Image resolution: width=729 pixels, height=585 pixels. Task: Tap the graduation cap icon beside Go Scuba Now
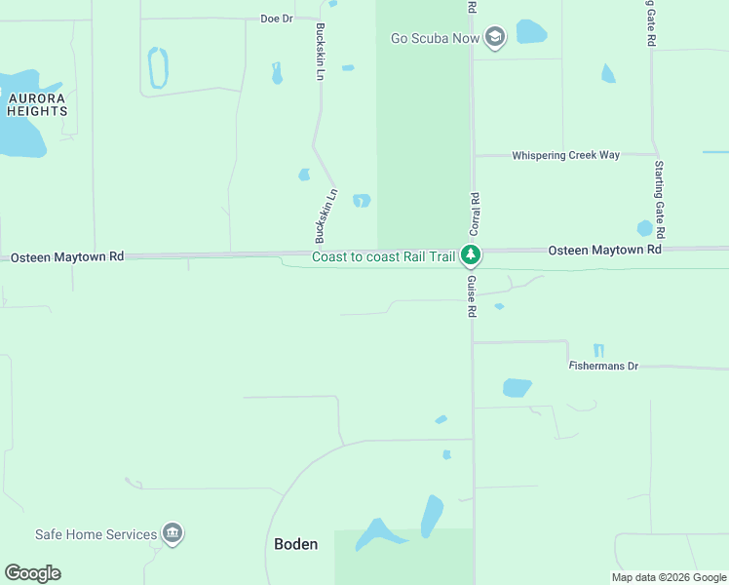(x=495, y=38)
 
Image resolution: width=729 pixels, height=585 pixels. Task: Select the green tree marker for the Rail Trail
(x=472, y=256)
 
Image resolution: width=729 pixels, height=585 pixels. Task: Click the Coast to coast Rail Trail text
(x=383, y=257)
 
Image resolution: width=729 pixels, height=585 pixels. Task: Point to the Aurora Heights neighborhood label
(x=37, y=105)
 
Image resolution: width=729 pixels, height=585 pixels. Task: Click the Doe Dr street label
(x=277, y=19)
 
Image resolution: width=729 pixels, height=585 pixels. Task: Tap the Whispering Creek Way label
(x=565, y=155)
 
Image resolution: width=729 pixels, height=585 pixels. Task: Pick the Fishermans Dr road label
(x=603, y=366)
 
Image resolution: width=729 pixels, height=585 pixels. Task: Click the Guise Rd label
(x=471, y=296)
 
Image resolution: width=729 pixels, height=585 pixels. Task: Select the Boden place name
(x=296, y=544)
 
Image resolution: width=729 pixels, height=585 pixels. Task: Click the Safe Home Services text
(x=96, y=534)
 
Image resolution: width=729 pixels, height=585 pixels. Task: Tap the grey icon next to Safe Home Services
(x=173, y=533)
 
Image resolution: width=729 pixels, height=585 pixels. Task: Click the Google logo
(x=32, y=573)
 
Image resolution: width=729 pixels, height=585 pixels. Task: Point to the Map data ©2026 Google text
(x=669, y=577)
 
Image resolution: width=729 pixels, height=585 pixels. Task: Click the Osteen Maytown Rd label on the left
(x=67, y=257)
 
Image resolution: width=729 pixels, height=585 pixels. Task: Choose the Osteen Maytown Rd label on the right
(x=604, y=251)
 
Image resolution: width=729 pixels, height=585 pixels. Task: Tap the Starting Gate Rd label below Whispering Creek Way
(x=660, y=200)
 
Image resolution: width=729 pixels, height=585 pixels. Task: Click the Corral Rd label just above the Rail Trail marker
(x=475, y=212)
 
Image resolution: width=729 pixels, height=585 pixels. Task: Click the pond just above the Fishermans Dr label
(x=598, y=351)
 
